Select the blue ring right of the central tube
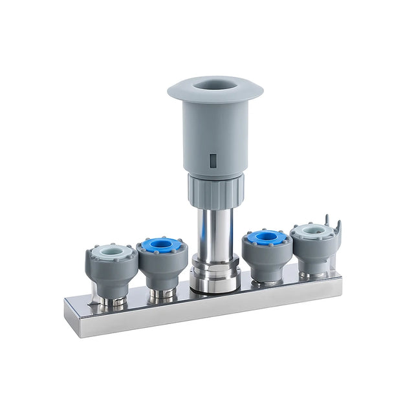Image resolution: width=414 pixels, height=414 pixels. click(x=266, y=237)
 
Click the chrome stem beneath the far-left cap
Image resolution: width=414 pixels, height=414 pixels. click(x=114, y=300)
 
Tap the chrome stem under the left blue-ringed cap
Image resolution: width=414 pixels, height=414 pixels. click(x=162, y=294)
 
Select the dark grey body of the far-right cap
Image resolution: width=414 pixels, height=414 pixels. click(x=314, y=252)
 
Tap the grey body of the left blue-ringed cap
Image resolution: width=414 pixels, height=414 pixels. click(x=162, y=268)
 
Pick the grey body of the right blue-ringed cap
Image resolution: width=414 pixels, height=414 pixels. click(x=266, y=259)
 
